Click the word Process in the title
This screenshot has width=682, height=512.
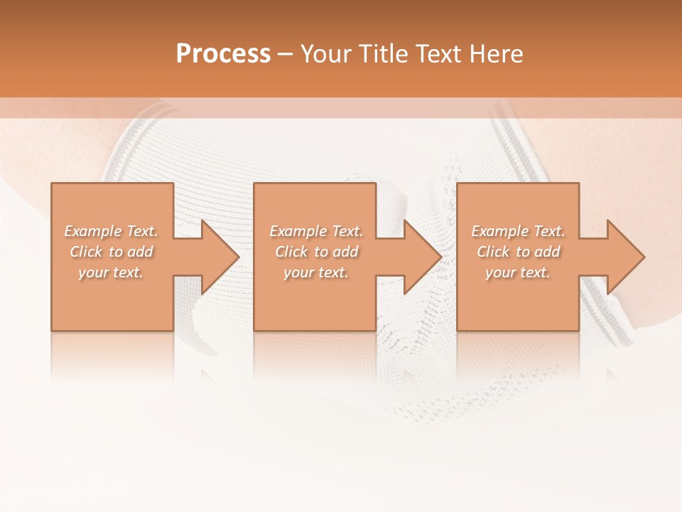click(x=223, y=54)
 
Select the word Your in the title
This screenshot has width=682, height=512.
click(x=328, y=54)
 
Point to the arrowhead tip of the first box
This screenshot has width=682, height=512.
click(x=239, y=257)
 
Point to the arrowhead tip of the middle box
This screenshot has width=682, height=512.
click(x=442, y=257)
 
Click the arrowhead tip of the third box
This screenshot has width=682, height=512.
click(x=644, y=257)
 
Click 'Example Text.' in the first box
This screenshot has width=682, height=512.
click(x=111, y=231)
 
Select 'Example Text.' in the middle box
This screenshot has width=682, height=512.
click(x=316, y=231)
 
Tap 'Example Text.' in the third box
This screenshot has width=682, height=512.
click(x=518, y=231)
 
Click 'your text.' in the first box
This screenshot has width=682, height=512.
click(x=111, y=272)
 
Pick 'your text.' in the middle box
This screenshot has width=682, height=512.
click(x=316, y=272)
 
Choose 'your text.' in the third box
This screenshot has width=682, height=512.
click(x=518, y=272)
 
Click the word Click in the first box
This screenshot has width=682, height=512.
click(x=86, y=252)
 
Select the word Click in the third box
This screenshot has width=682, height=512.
click(x=493, y=252)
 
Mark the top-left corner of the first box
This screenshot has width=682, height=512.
click(x=52, y=184)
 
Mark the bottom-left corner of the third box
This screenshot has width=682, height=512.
click(x=458, y=330)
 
